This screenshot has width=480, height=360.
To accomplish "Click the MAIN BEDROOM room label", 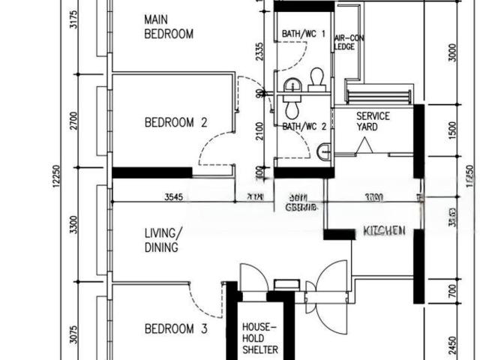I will pos(169,26).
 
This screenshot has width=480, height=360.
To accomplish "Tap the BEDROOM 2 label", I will pos(175,123).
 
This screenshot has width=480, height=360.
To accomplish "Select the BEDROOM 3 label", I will pos(175,328).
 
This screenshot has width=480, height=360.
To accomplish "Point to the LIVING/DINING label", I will pos(162,240).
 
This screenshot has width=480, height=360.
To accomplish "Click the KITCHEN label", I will pos(384,230).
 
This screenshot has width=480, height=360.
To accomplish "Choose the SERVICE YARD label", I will pos(373,121).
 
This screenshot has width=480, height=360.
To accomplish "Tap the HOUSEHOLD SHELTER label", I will pos(259,339).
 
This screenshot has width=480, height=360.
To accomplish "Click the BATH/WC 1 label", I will pos(304,34).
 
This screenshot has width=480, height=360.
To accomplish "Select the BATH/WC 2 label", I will pos(304,127).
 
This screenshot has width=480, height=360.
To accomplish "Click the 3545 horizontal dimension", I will pos(174,197).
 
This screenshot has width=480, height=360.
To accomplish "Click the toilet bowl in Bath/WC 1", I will pos(316,79).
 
